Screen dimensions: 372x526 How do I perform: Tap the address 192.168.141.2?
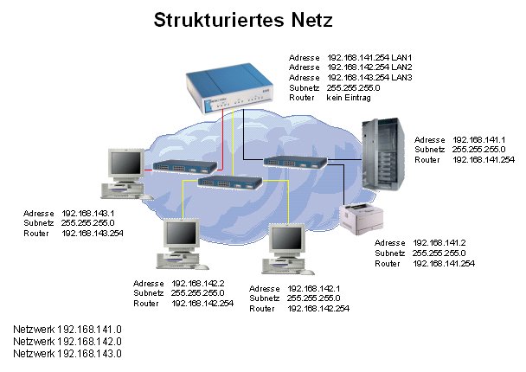pyautogui.click(x=439, y=242)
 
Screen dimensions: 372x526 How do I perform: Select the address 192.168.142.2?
pyautogui.click(x=198, y=284)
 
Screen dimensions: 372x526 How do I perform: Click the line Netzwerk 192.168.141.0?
pyautogui.click(x=67, y=330)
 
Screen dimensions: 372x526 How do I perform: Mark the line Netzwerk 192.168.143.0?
pyautogui.click(x=67, y=354)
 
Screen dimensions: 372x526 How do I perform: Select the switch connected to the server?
pyautogui.click(x=295, y=162)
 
